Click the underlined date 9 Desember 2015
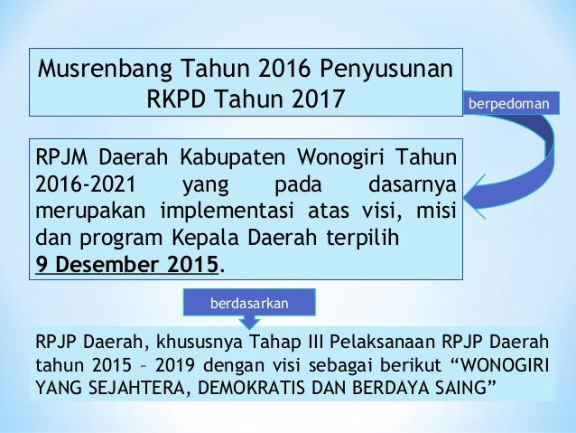point(127,267)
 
